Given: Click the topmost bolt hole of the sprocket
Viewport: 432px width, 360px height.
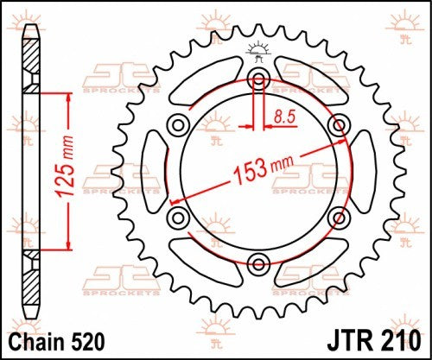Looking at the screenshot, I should point(257,80).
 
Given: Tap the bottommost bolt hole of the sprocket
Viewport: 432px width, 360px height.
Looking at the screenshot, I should point(257,262).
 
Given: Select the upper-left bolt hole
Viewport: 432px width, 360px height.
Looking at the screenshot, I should point(179,126).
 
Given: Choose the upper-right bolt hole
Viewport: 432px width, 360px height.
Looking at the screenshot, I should point(335,126).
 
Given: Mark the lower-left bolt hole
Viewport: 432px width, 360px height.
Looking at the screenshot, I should point(179,216).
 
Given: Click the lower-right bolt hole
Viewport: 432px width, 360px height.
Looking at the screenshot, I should point(335,216).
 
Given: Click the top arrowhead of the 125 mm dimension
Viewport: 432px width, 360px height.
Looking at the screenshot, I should point(62,96).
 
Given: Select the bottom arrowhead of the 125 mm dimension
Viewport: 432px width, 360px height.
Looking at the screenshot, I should point(62,245).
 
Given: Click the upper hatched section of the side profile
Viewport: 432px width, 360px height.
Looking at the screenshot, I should point(32,65).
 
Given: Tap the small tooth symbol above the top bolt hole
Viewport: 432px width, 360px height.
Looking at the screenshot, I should point(257,48).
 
